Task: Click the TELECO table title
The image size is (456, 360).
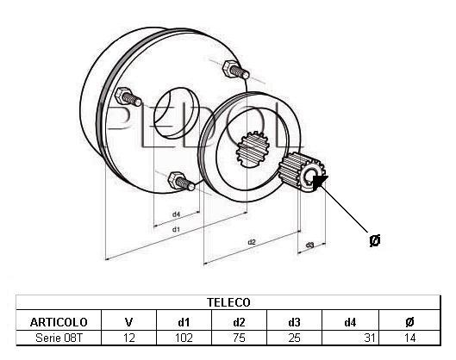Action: click(228, 302)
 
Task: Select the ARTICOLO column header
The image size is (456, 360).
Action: click(59, 322)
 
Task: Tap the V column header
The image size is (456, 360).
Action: click(128, 322)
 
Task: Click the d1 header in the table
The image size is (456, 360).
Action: click(184, 322)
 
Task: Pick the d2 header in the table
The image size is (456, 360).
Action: click(239, 322)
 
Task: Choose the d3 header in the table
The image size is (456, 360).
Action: click(294, 322)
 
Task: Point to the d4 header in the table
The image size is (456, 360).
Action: click(350, 322)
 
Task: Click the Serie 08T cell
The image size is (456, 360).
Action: click(59, 338)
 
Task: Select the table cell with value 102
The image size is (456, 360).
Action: click(184, 338)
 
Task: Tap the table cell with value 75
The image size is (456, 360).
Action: click(239, 338)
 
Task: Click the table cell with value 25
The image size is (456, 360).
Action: click(294, 338)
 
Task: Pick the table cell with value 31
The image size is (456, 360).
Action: click(369, 338)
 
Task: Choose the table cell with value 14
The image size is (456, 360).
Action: click(409, 338)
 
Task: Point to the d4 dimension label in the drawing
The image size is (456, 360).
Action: click(176, 214)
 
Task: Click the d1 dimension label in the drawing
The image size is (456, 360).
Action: click(176, 230)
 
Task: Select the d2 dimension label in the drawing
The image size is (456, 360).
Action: click(251, 242)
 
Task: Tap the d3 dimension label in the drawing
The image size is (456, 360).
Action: click(310, 245)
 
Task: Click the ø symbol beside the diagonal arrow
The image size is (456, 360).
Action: click(375, 240)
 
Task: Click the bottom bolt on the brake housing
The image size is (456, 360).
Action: click(181, 181)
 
